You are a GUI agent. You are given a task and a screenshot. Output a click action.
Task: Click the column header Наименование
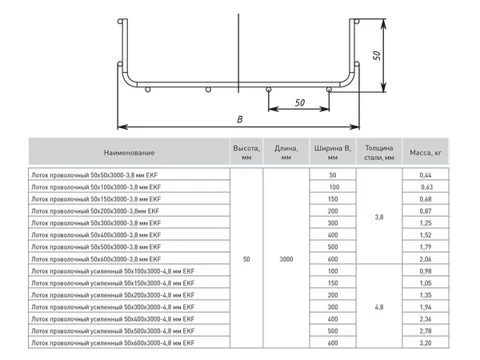[x=129, y=153]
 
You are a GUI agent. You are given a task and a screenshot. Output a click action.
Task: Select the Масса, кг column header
[x=426, y=153]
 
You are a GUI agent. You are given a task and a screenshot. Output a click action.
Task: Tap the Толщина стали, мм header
[x=379, y=153]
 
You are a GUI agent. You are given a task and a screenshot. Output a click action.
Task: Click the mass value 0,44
[x=426, y=175]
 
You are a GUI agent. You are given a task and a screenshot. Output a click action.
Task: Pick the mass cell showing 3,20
[x=426, y=343]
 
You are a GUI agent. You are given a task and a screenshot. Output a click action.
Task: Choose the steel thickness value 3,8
[x=379, y=217]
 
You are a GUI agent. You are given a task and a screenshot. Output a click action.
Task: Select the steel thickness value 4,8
[x=379, y=307]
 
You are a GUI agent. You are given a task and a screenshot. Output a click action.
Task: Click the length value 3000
[x=286, y=259]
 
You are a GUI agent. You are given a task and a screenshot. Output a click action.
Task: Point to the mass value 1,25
[x=426, y=223]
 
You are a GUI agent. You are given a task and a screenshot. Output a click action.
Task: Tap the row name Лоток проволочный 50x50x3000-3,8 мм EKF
[x=96, y=175]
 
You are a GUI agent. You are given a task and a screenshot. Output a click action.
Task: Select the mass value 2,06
[x=426, y=259]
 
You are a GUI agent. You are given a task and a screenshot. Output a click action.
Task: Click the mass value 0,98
[x=426, y=271]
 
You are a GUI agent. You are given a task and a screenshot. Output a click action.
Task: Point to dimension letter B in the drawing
[x=240, y=119]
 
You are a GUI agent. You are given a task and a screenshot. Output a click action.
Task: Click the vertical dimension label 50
[x=377, y=55]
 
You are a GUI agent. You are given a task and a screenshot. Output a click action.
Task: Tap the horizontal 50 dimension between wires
[x=300, y=102]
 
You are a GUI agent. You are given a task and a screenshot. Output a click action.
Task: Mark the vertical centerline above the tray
[x=238, y=53]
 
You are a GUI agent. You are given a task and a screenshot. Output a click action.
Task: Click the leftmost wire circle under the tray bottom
[x=147, y=90]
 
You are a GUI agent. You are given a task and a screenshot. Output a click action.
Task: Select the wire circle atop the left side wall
[x=120, y=22]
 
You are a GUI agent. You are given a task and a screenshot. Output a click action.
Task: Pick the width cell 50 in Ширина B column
[x=333, y=175]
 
